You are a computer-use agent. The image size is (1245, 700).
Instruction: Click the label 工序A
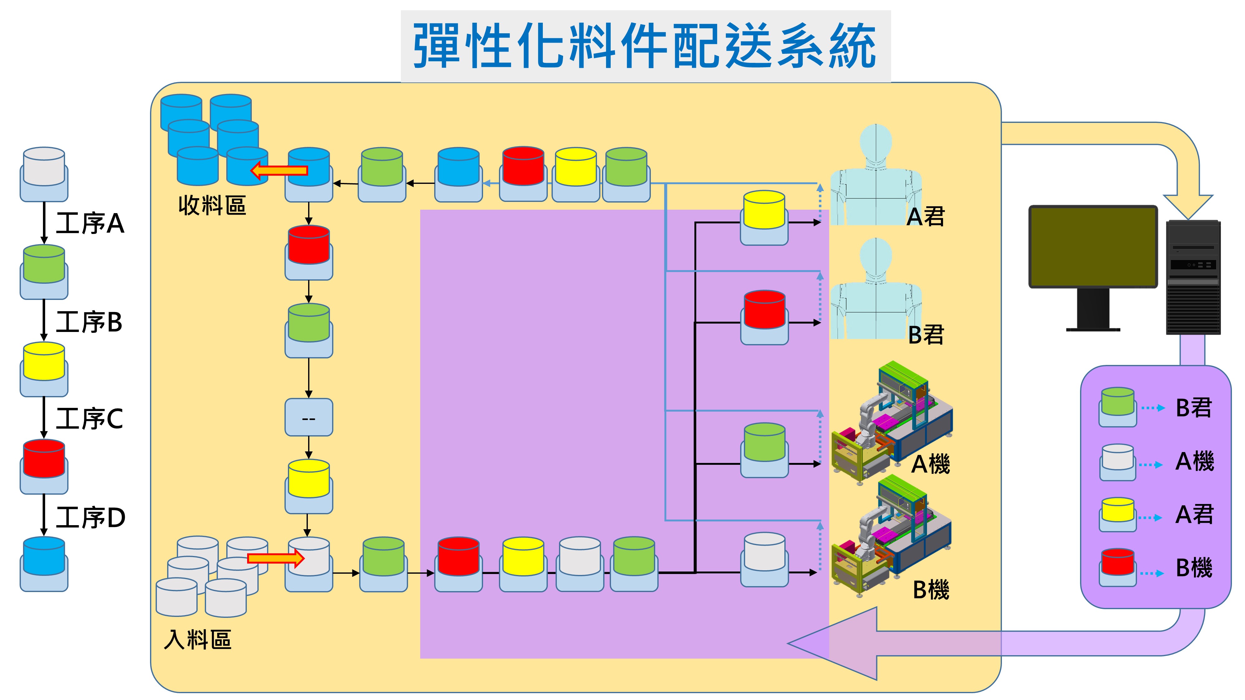pos(90,224)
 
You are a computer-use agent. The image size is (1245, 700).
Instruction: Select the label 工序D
pos(91,517)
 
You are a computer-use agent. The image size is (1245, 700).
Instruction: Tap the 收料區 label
pos(212,206)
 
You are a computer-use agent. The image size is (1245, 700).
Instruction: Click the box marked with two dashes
pos(308,418)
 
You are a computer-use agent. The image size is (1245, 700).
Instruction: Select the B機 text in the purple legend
pos(1194,568)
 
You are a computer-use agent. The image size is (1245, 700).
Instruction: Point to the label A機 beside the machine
pos(930,464)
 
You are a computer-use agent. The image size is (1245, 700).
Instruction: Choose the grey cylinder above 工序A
pos(44,167)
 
